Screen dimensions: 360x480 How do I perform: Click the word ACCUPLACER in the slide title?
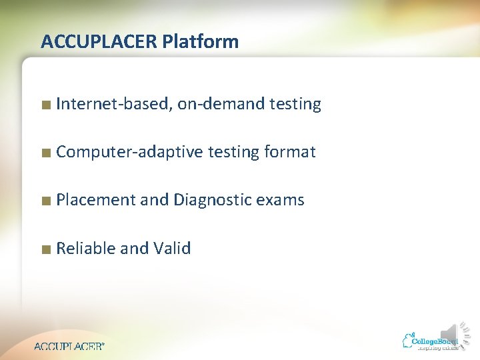pyautogui.click(x=98, y=42)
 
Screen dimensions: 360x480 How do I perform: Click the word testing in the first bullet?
pyautogui.click(x=295, y=104)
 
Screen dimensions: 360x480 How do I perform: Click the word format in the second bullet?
pyautogui.click(x=290, y=152)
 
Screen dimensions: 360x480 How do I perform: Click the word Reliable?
pyautogui.click(x=86, y=249)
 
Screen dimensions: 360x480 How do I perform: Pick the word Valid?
pyautogui.click(x=172, y=249)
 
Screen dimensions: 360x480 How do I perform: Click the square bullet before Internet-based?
pyautogui.click(x=45, y=105)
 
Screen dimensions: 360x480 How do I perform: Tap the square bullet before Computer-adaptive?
pyautogui.click(x=45, y=153)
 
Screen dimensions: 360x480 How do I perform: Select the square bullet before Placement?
pyautogui.click(x=45, y=201)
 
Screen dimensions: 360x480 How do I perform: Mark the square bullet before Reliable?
pyautogui.click(x=45, y=249)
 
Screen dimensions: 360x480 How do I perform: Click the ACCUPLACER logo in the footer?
pyautogui.click(x=69, y=346)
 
